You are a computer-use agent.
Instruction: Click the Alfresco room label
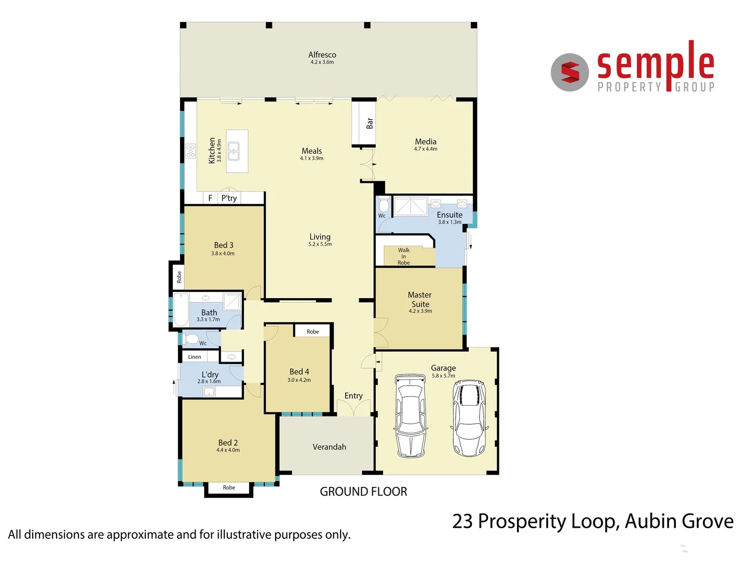(322, 55)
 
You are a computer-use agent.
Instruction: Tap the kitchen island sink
(234, 151)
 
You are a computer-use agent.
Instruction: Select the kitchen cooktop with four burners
(190, 151)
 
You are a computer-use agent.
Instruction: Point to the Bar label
(370, 123)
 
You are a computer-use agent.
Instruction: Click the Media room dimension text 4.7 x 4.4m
(426, 149)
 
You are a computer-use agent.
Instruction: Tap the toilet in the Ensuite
(384, 205)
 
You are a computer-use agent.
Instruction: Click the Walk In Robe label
(404, 256)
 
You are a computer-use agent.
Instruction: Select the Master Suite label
(420, 299)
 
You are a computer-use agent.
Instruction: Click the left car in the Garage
(411, 416)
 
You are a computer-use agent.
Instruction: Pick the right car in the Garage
(469, 418)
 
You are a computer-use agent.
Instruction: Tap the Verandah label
(329, 447)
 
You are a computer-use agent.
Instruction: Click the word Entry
(353, 396)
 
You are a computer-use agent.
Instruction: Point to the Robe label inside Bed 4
(312, 331)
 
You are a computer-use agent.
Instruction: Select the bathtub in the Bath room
(181, 310)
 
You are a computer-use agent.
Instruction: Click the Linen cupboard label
(195, 357)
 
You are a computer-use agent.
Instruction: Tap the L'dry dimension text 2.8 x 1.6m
(209, 381)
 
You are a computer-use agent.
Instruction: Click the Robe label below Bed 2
(229, 488)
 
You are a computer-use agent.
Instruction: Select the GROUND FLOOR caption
(363, 491)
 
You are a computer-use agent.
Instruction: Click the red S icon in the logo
(570, 72)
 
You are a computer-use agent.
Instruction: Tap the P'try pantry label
(229, 198)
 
